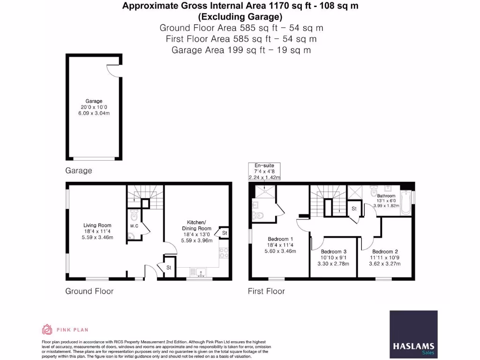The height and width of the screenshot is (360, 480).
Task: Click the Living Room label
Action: point(97,225)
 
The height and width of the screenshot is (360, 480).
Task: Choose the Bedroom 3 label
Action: point(334,251)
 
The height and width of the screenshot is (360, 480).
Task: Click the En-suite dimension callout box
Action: point(265,172)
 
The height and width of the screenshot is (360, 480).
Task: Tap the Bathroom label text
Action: point(386,196)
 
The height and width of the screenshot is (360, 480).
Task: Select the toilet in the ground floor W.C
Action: point(135,215)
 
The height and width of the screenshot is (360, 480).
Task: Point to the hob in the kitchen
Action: point(224,253)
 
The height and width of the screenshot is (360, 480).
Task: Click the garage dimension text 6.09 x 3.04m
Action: point(94,113)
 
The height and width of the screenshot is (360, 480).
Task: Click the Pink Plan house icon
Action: point(47,330)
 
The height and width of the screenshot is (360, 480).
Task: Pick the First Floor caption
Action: point(266,291)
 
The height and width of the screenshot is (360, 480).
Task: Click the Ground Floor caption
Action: point(89,291)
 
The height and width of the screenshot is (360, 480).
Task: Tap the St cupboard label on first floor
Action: point(354,209)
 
